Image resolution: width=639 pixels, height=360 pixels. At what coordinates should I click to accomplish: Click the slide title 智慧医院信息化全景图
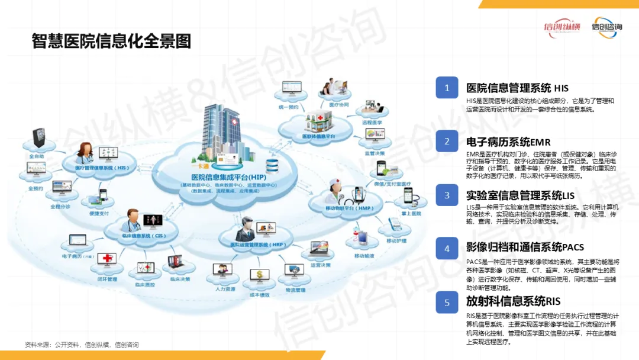[111, 41]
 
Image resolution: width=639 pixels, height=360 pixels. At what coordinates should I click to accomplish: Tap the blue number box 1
[447, 88]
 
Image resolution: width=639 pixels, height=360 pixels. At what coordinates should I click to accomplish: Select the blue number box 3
[447, 195]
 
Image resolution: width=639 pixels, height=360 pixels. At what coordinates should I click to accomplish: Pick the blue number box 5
[447, 302]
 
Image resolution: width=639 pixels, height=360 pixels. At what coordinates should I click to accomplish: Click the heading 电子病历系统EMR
[508, 142]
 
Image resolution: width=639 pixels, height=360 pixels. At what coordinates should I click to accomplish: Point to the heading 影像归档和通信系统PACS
[525, 247]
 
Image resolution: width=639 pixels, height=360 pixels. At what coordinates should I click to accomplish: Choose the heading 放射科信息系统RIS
[513, 301]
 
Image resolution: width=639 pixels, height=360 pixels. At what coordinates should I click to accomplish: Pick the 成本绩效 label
[259, 295]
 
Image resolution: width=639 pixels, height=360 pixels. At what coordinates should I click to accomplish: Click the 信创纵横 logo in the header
[563, 27]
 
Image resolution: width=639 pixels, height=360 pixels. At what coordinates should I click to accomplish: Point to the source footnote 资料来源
[81, 345]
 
